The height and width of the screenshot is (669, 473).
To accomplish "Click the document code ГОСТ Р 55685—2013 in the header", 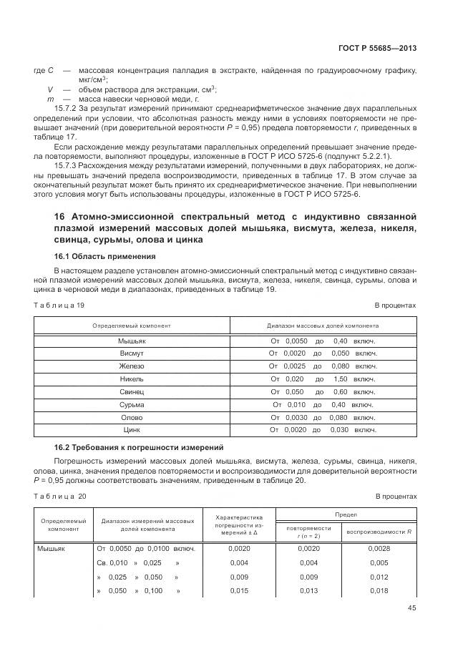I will [x=377, y=48].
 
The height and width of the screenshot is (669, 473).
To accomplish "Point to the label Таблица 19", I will [x=59, y=305].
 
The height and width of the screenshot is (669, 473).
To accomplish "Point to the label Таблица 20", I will [x=60, y=496].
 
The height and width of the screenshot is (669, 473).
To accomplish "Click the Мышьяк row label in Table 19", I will [x=132, y=341].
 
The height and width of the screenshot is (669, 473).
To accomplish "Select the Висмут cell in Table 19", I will [x=132, y=353].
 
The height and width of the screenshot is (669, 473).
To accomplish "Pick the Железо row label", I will [x=132, y=366].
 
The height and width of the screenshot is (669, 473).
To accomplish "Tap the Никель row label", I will [x=132, y=379].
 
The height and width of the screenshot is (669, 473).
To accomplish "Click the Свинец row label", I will [x=132, y=392].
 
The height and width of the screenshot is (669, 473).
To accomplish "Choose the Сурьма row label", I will [x=132, y=404].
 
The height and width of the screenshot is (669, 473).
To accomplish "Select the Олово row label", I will [x=132, y=417].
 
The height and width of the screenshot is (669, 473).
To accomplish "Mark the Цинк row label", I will [x=132, y=430].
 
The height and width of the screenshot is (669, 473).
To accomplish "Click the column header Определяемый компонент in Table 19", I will [x=132, y=326].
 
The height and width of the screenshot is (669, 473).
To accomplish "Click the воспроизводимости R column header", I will [x=379, y=532].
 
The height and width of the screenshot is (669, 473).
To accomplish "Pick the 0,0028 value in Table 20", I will [x=379, y=548].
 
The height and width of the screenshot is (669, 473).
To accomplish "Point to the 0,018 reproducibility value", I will [x=379, y=590].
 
